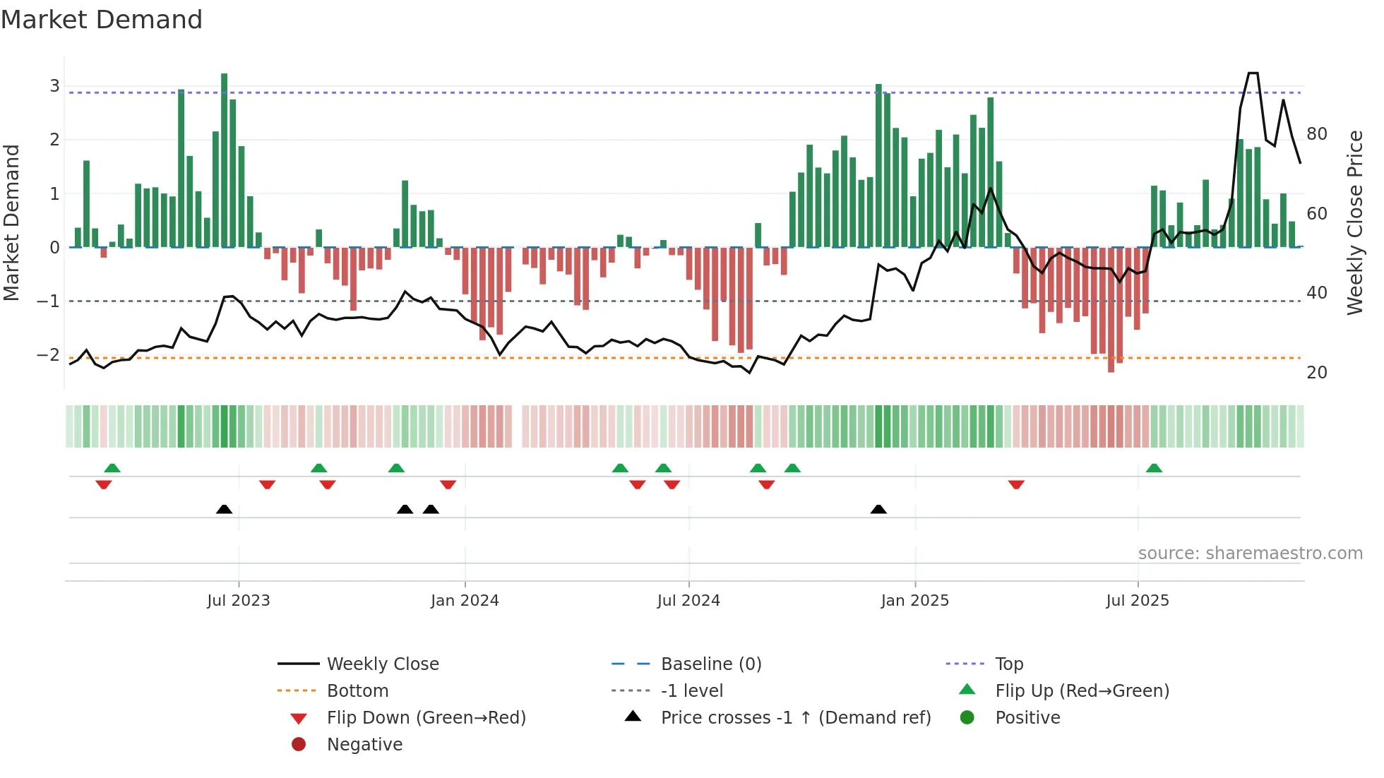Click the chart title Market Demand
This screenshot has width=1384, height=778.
pos(102,20)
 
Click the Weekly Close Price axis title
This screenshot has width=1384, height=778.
pos(1354,222)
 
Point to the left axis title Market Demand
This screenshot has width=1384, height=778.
pos(11,222)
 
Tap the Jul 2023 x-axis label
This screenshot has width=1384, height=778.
pos(239,601)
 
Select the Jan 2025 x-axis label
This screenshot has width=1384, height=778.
pos(915,601)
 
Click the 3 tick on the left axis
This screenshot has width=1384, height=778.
pos(54,86)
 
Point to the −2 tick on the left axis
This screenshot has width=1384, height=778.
pos(48,355)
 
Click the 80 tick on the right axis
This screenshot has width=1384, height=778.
pos(1317,134)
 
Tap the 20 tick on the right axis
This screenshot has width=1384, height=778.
pos(1317,373)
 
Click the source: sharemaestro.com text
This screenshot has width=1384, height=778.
pos(1250,553)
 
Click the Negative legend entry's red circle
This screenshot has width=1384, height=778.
pos(299,745)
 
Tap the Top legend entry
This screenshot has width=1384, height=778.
pos(1009,664)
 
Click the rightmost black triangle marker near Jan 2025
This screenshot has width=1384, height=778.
pos(878,510)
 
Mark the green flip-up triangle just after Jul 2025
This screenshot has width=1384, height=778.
pos(1154,468)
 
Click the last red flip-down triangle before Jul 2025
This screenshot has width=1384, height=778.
pos(1016,484)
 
